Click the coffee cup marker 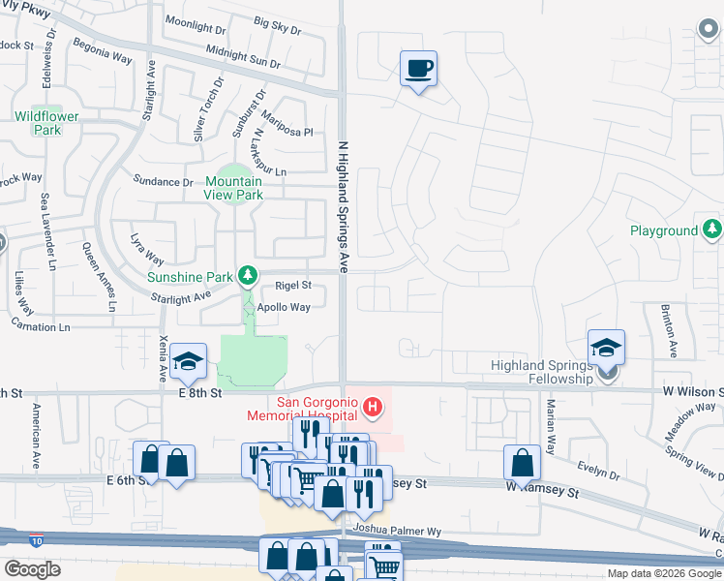418,69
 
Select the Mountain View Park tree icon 232,197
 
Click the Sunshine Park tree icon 248,276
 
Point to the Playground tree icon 712,229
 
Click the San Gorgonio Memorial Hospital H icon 373,403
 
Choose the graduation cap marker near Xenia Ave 188,361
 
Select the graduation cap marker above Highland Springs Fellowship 606,347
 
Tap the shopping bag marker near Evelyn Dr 522,463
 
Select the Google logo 33,569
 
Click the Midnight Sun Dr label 242,58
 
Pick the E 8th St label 200,393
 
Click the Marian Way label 550,427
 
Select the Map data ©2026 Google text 664,573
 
